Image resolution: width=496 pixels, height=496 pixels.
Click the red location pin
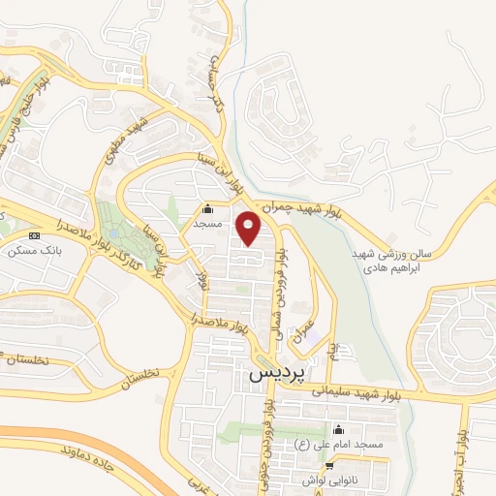pos(250,229)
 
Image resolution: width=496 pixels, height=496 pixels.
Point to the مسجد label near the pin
pos(207,223)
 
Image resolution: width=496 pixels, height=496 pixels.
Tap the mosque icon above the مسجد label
pos(207,208)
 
